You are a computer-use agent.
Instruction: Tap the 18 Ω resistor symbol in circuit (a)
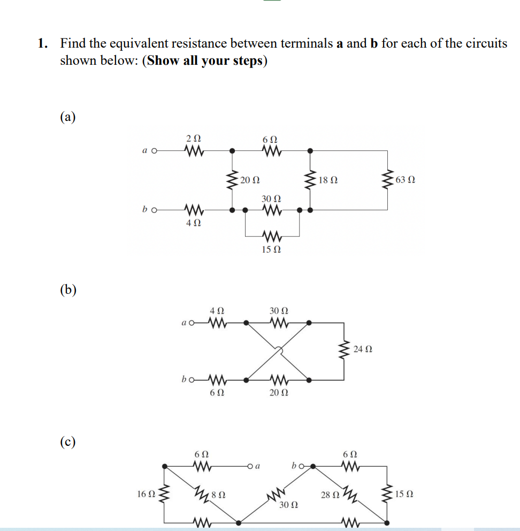point(310,180)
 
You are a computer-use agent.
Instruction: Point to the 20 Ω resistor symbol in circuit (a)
point(232,180)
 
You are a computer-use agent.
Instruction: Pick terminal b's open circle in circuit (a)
point(154,210)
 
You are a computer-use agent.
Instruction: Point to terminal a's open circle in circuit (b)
point(192,323)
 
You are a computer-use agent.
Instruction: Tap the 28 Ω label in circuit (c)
point(329,495)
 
